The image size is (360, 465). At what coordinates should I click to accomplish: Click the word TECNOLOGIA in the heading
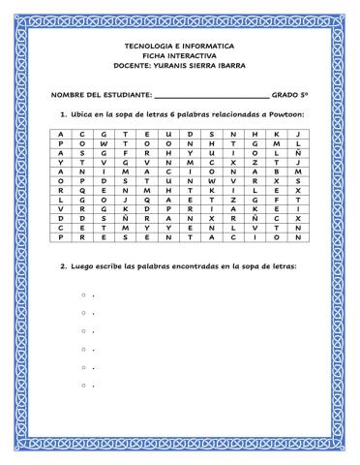coord(150,46)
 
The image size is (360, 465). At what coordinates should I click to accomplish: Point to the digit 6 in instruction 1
coord(164,115)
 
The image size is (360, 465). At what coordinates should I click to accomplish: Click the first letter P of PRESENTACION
coord(60,236)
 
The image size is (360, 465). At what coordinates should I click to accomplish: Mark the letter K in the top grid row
coord(278,133)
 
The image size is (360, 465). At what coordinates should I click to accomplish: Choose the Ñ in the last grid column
coord(300,151)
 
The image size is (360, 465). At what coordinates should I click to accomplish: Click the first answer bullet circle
coord(84,294)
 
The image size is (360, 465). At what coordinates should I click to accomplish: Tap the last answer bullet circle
coord(84,386)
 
